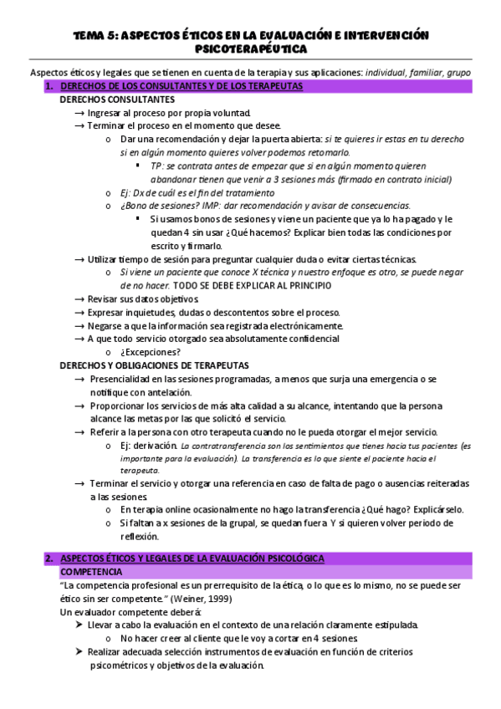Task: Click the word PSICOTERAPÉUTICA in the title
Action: coord(251,50)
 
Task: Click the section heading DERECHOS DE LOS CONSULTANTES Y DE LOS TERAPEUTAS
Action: coord(182,86)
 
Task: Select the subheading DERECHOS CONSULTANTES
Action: coord(117,99)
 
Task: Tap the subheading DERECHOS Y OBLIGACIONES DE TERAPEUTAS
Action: coord(154,365)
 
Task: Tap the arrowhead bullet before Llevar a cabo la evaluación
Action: coord(79,625)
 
